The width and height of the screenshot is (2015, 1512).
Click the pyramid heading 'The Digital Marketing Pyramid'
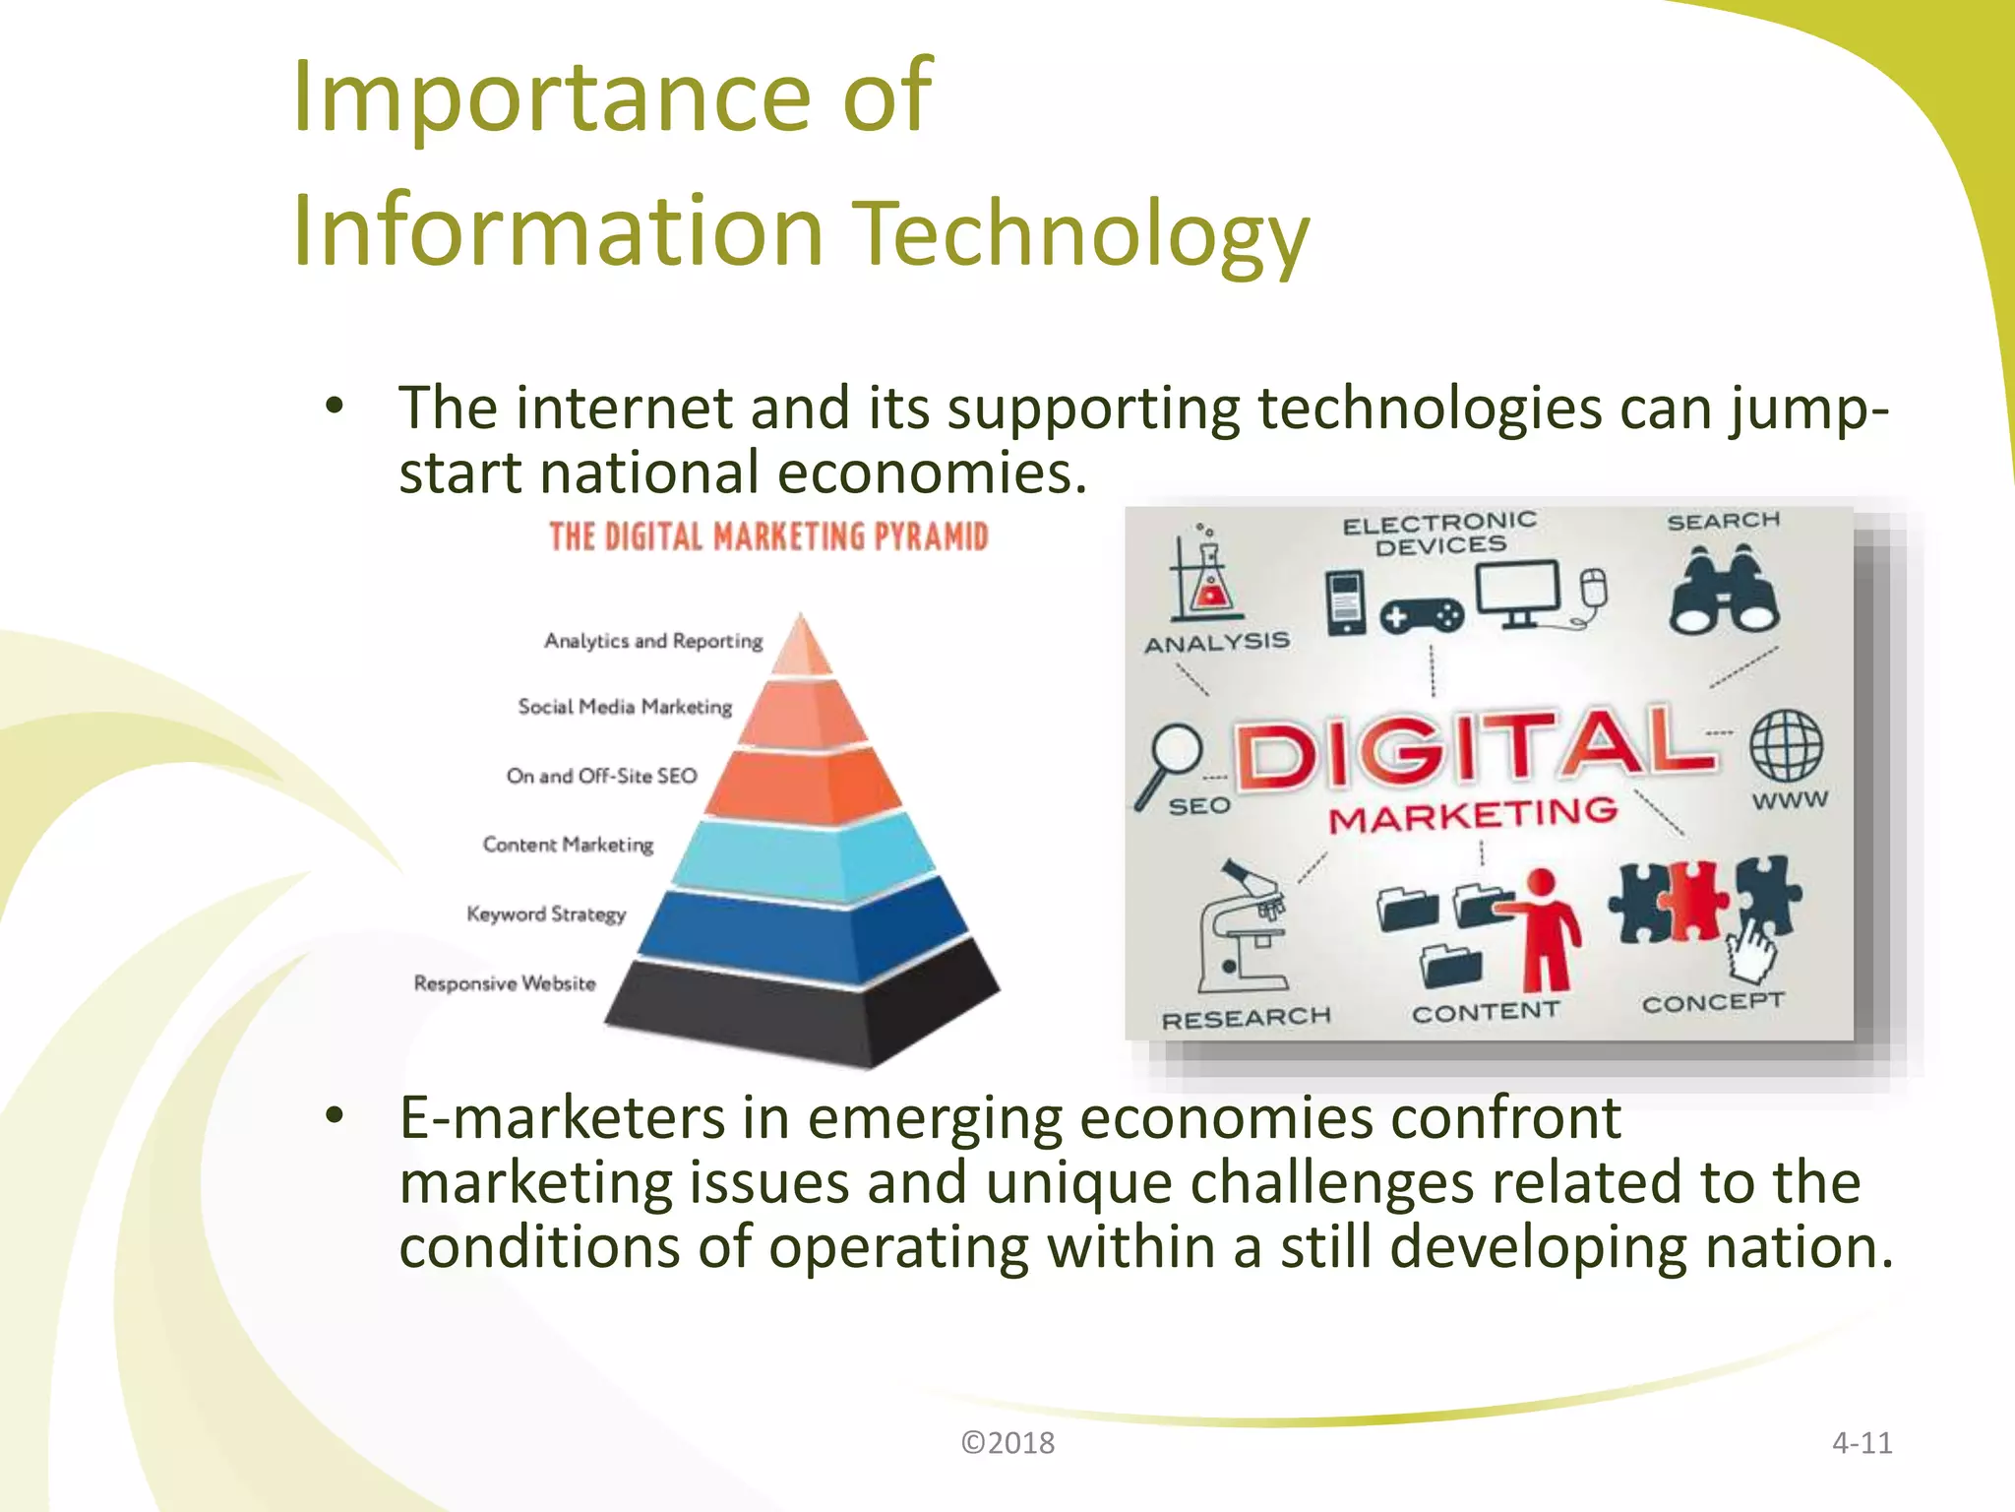click(x=768, y=537)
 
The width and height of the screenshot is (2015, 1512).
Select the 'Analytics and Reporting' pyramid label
click(x=653, y=641)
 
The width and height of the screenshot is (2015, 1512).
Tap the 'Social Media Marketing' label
click(x=625, y=707)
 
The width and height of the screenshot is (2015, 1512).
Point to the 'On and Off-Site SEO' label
click(x=601, y=776)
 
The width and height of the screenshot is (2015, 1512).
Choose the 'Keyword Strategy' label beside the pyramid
click(x=546, y=913)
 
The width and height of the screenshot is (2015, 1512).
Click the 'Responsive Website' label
click(x=505, y=983)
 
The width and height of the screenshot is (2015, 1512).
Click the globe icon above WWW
click(x=1786, y=745)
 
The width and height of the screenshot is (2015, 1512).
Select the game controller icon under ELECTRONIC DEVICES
click(x=1421, y=617)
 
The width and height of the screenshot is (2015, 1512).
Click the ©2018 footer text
click(x=1007, y=1443)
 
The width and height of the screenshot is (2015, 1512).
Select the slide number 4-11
click(x=1862, y=1443)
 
